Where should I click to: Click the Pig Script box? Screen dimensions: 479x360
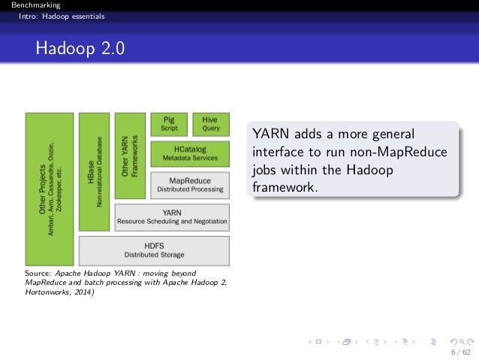[169, 124]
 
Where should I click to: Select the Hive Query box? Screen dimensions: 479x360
[210, 124]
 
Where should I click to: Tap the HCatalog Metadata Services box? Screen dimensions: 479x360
[190, 153]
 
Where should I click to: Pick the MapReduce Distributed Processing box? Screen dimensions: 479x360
[190, 184]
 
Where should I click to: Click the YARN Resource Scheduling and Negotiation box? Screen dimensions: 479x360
[172, 216]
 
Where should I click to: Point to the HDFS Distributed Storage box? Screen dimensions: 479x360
[154, 250]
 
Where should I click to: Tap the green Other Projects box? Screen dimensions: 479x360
[50, 189]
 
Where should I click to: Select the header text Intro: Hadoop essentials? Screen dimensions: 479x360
[51, 16]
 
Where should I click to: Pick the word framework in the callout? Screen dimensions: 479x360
[285, 186]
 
